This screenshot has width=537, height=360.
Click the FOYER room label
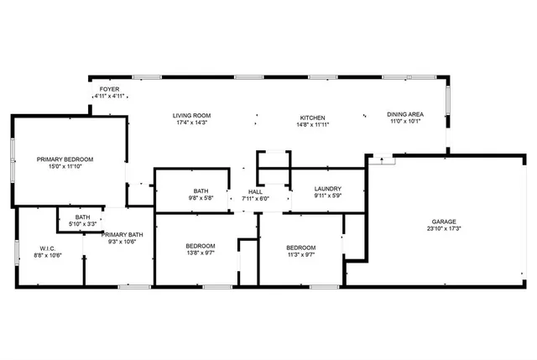(x=109, y=88)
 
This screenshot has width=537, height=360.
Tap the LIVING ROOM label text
(x=191, y=116)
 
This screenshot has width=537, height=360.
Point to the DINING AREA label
(x=405, y=114)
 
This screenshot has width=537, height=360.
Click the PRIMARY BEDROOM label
(x=65, y=159)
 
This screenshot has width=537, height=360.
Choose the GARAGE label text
(x=444, y=221)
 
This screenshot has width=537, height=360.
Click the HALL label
(x=255, y=190)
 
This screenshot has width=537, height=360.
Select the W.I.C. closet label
(x=47, y=248)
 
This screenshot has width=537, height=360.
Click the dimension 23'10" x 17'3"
(x=444, y=228)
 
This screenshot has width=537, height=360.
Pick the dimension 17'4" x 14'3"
(x=191, y=123)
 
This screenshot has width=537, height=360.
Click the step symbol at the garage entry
(x=381, y=158)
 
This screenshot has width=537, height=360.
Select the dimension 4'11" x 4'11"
(x=109, y=96)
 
